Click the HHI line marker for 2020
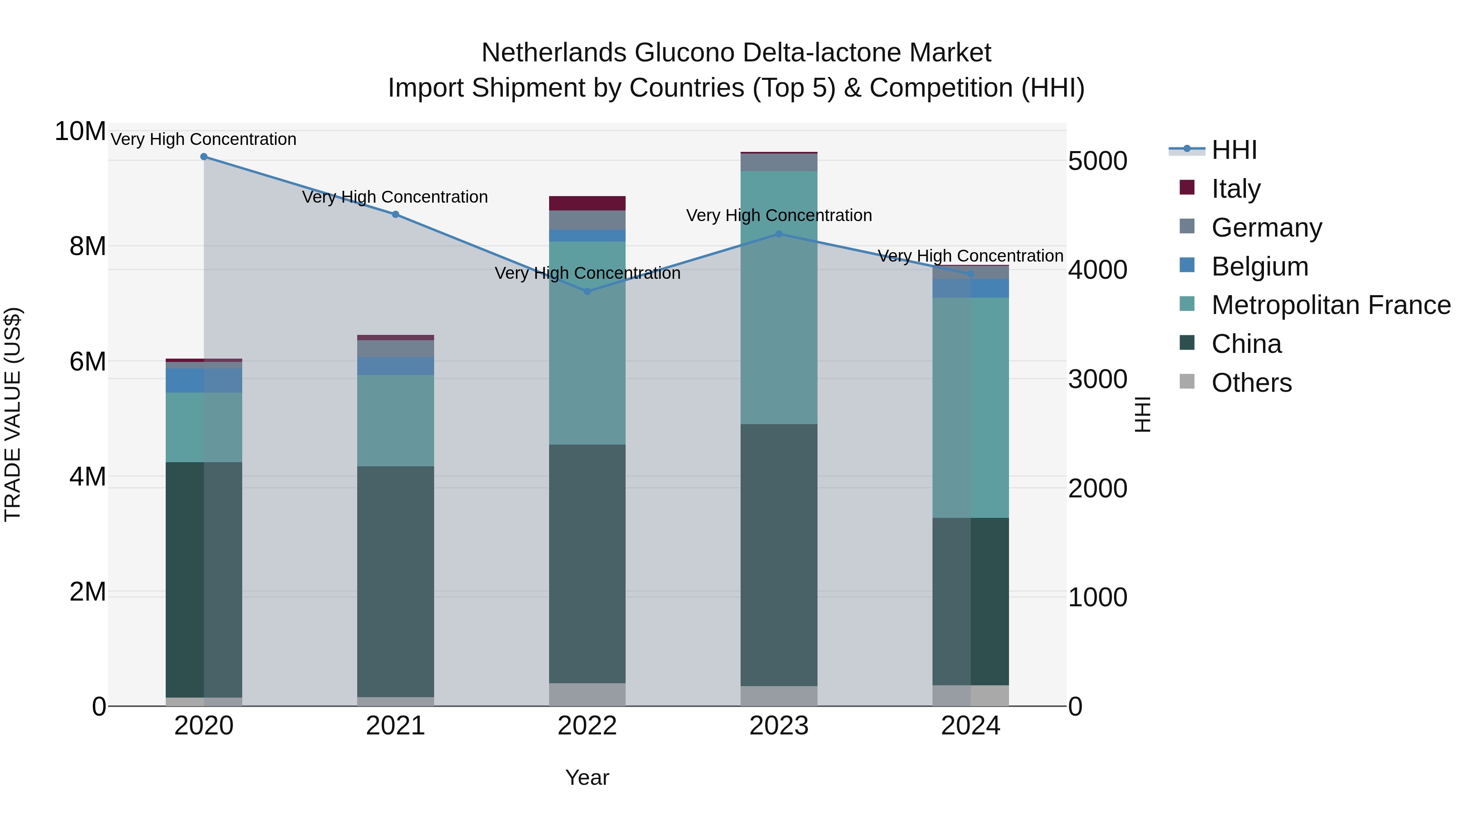204,157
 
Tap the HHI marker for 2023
779,234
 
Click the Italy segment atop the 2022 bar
587,203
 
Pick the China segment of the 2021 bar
395,581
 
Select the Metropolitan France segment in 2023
779,298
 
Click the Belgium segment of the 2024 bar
971,288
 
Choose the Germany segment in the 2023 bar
779,163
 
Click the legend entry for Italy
1236,189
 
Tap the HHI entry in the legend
1234,150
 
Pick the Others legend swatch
1187,382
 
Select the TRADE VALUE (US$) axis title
13,414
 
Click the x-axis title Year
587,777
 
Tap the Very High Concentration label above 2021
395,197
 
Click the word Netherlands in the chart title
554,53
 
